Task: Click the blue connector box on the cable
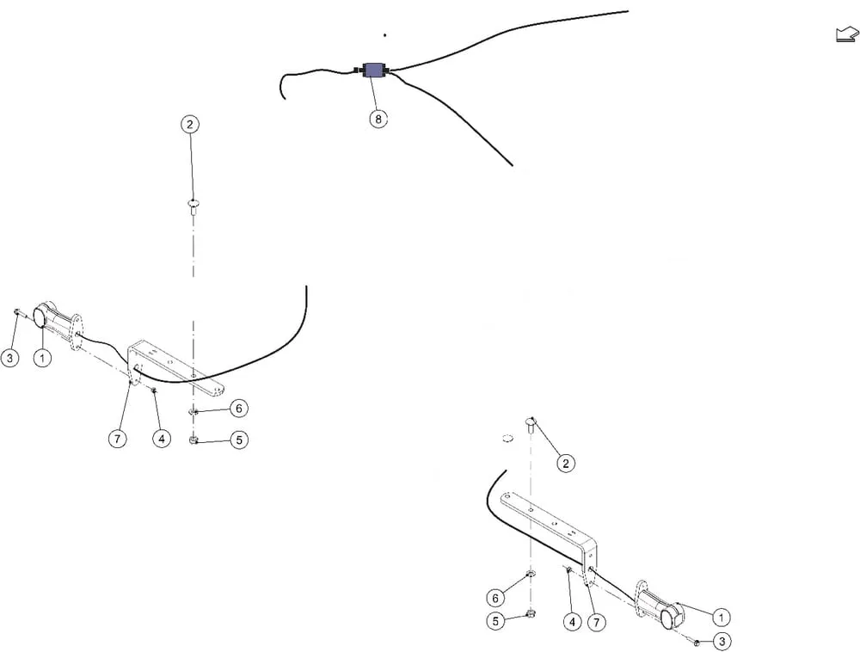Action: pos(375,71)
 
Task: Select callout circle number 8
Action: pos(378,119)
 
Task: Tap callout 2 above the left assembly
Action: pos(190,125)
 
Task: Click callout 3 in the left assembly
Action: pos(9,358)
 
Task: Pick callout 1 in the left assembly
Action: pos(43,358)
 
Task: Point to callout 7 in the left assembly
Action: pos(117,439)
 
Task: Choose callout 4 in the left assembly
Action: pos(162,439)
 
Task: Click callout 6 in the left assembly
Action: pos(238,409)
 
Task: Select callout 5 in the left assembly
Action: pos(239,440)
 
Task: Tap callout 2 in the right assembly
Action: pos(566,464)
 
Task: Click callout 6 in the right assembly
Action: pos(496,598)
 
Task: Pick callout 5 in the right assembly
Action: pos(496,621)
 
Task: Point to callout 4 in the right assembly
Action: pos(572,622)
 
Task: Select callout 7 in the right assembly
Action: pos(596,623)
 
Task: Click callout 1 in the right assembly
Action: pos(722,618)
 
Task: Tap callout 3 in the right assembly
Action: pos(722,642)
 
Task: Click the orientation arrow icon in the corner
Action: pos(847,34)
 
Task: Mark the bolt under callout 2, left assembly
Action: pos(193,206)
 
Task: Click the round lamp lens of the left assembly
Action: pos(40,317)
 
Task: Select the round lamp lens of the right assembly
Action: pos(668,618)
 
